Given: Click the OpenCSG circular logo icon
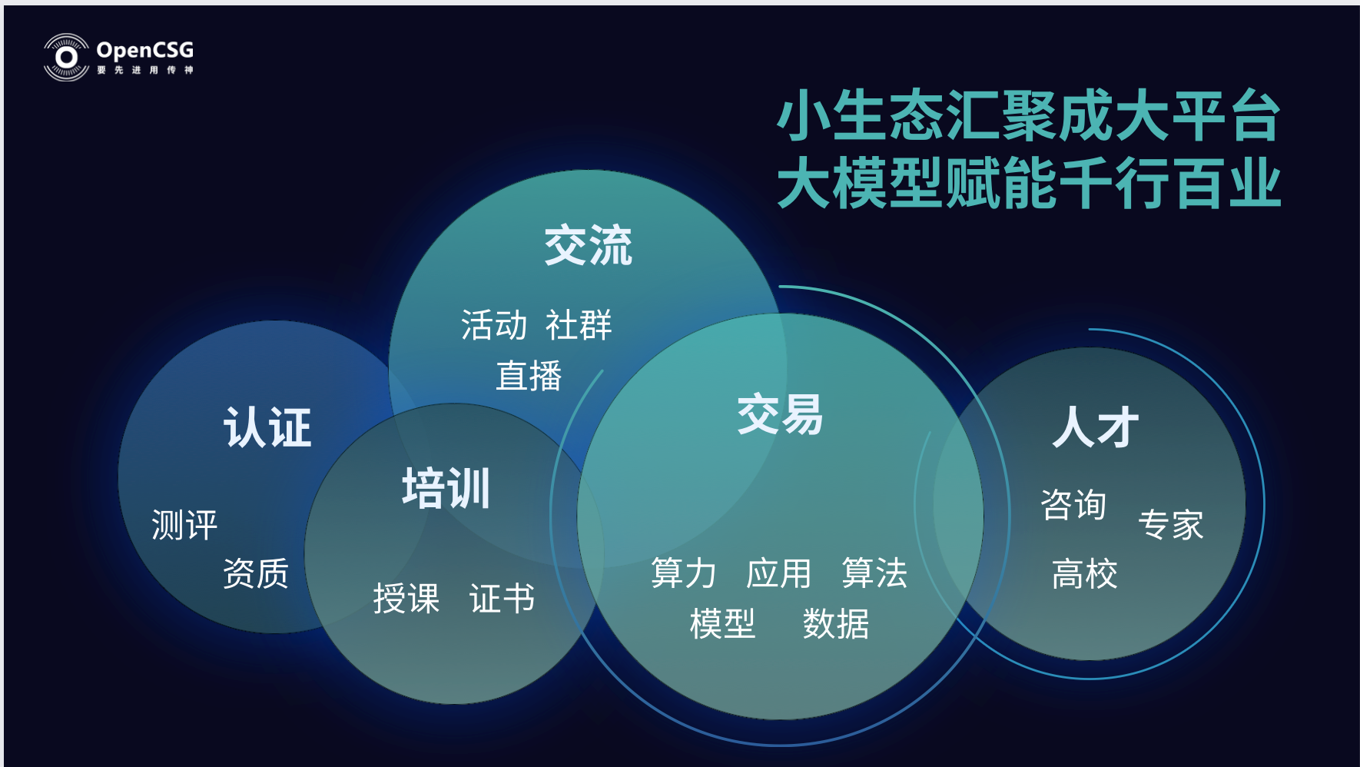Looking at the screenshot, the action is pyautogui.click(x=66, y=57).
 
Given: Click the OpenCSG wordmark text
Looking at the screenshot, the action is pyautogui.click(x=145, y=51).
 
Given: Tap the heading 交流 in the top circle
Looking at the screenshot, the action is pyautogui.click(x=588, y=246).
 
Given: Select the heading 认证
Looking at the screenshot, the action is pyautogui.click(x=267, y=427).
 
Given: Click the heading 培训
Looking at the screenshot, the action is pyautogui.click(x=446, y=488).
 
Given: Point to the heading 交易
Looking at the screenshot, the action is pyautogui.click(x=780, y=415).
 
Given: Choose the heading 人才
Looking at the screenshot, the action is pyautogui.click(x=1096, y=427).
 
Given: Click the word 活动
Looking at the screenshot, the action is pyautogui.click(x=494, y=325).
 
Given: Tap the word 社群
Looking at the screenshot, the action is pyautogui.click(x=579, y=325).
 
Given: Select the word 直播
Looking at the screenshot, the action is pyautogui.click(x=529, y=376).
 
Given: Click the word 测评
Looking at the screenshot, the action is pyautogui.click(x=184, y=525).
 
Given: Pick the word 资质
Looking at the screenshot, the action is pyautogui.click(x=256, y=573).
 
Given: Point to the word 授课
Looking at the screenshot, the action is pyautogui.click(x=406, y=599).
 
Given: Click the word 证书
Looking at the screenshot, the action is pyautogui.click(x=502, y=599).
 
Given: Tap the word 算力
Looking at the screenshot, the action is pyautogui.click(x=684, y=573).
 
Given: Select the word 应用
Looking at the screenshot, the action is pyautogui.click(x=779, y=573).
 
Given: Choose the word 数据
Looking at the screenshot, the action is pyautogui.click(x=836, y=623).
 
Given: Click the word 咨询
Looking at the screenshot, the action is pyautogui.click(x=1073, y=505).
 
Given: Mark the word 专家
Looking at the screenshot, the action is pyautogui.click(x=1171, y=525).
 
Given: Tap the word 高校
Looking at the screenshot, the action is pyautogui.click(x=1085, y=574).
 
